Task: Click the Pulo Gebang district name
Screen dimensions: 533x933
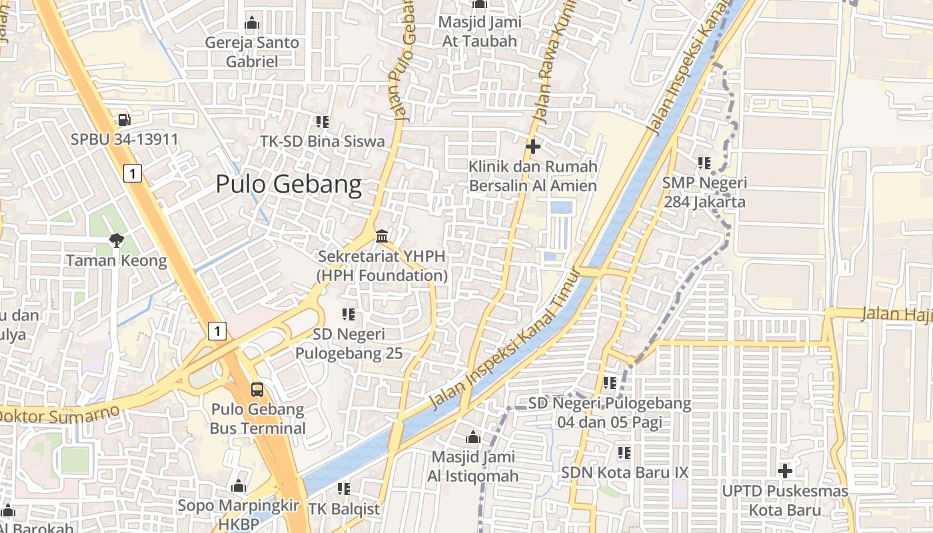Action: click(289, 184)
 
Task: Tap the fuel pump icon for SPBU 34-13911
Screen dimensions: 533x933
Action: click(124, 120)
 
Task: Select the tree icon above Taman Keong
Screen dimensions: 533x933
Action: click(117, 240)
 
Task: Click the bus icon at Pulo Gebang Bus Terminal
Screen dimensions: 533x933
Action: click(257, 389)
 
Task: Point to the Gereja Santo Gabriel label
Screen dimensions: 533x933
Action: click(252, 52)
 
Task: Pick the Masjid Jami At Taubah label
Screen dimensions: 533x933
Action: click(480, 31)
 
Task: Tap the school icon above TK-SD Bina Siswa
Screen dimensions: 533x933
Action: click(323, 121)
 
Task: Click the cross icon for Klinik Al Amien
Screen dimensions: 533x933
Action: click(532, 146)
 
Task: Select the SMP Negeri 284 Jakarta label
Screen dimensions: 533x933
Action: click(704, 192)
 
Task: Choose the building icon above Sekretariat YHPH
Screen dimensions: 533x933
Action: click(383, 236)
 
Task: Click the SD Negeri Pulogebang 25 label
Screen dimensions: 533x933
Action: click(349, 344)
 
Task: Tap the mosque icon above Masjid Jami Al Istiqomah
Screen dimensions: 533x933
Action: click(473, 437)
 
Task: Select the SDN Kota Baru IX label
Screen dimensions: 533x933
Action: click(624, 472)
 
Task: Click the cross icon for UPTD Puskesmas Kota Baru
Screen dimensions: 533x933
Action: click(785, 471)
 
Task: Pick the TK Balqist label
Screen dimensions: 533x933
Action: click(344, 509)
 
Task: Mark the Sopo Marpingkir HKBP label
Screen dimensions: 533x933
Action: click(238, 515)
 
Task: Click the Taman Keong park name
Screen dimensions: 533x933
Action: click(117, 260)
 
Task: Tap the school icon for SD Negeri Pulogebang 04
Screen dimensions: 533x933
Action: click(610, 383)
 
